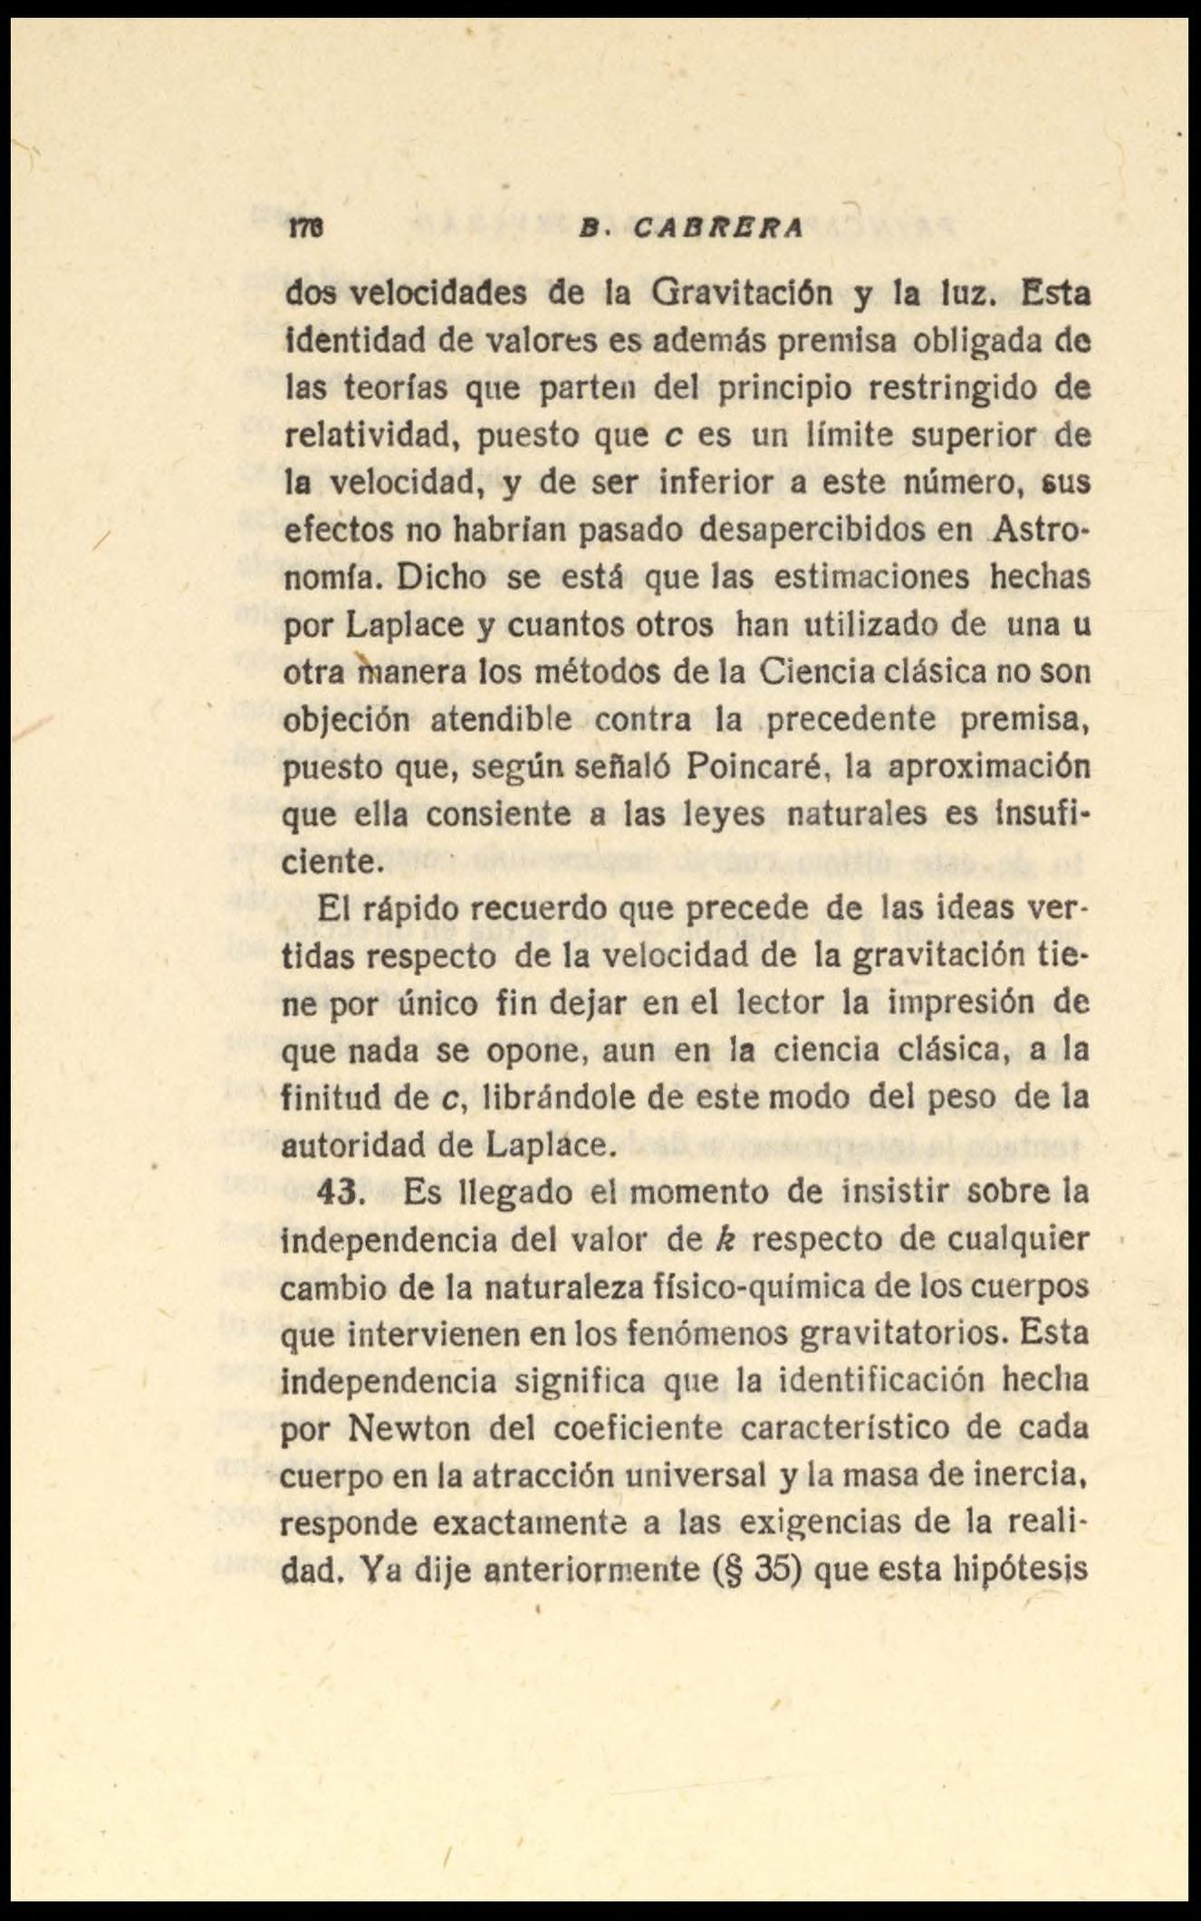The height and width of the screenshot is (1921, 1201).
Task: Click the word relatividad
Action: pos(373,436)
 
